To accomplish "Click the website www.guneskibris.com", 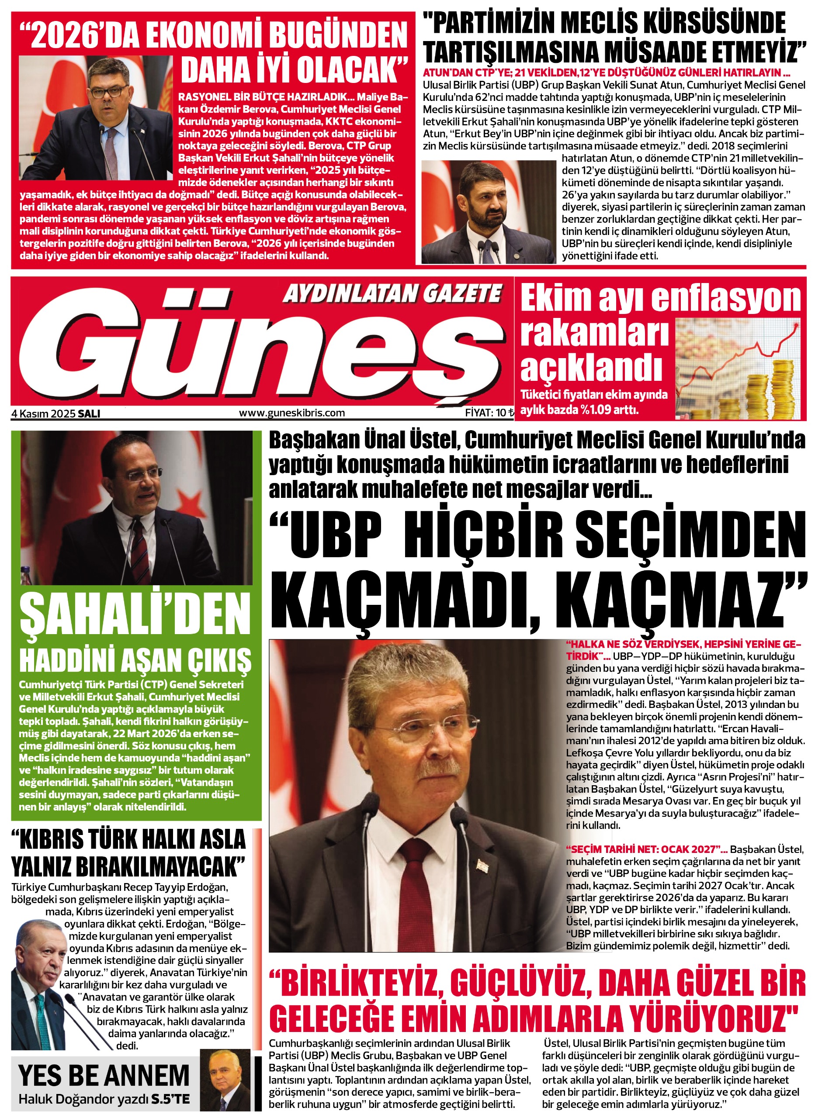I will (291, 413).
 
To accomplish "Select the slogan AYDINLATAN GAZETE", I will (392, 294).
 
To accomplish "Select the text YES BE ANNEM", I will (104, 1075).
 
